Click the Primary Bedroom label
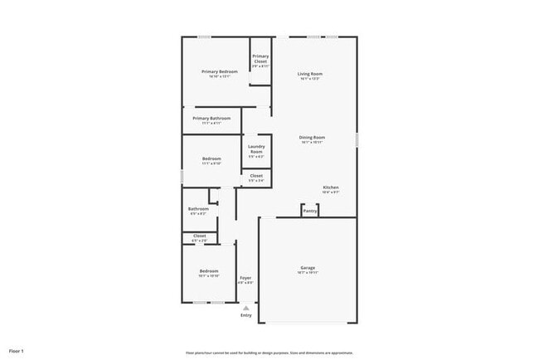tap(220, 72)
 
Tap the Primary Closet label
tap(260, 59)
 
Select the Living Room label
tap(310, 75)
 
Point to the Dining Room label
tap(312, 137)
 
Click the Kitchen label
tap(331, 188)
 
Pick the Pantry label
tap(310, 212)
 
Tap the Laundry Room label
tap(256, 150)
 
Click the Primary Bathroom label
tap(211, 119)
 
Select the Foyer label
tap(245, 278)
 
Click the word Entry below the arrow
tap(245, 315)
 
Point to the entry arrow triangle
tap(245, 308)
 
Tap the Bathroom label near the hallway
tap(198, 209)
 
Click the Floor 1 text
tap(17, 352)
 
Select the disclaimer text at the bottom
tap(269, 352)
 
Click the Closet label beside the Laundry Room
tap(256, 176)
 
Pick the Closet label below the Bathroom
tap(199, 236)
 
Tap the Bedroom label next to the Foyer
tap(208, 271)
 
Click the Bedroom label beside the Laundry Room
tap(211, 158)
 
